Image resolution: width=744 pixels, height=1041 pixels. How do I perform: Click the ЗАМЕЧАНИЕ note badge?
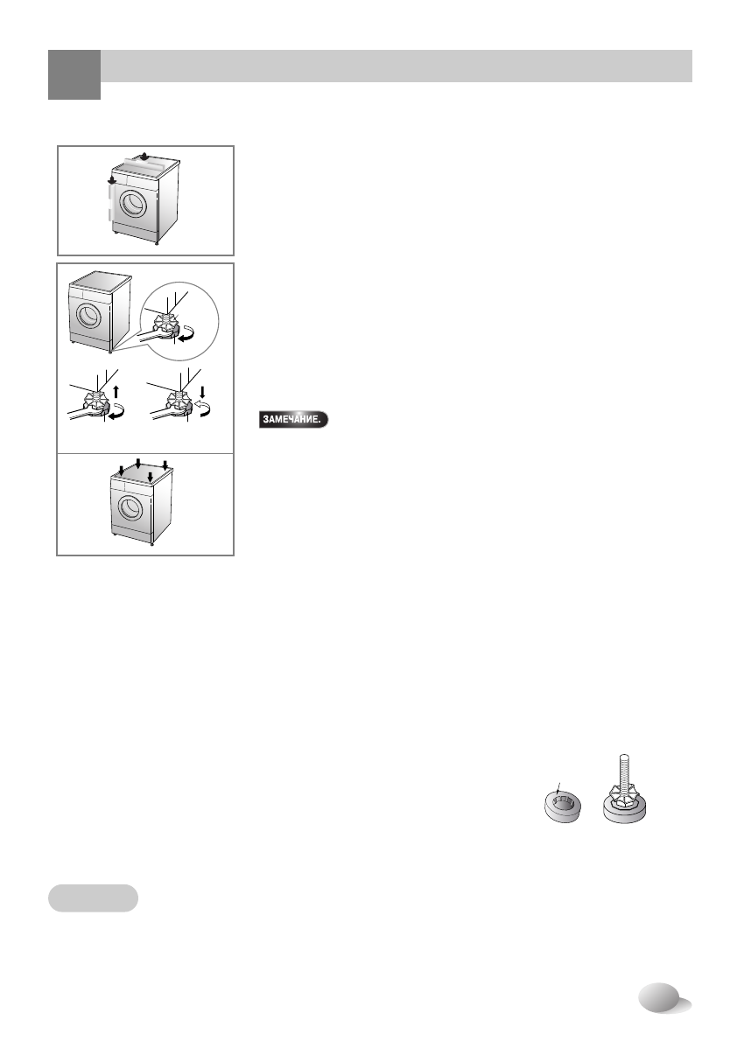tap(292, 420)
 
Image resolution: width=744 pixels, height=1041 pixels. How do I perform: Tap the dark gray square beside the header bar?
tap(74, 73)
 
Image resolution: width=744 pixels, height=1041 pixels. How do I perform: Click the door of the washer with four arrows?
tap(129, 509)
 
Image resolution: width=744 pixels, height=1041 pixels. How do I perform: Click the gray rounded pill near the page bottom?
tap(92, 898)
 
